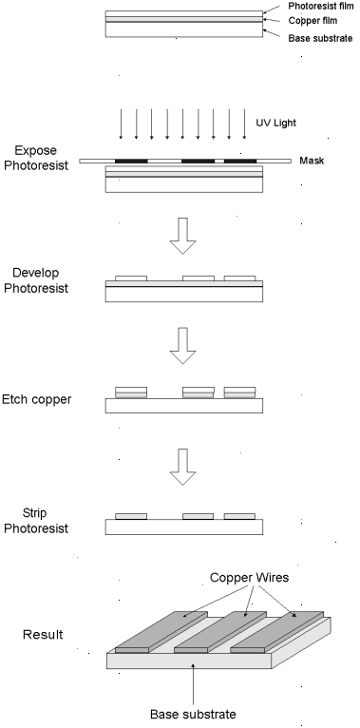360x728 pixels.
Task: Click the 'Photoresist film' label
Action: coord(320,7)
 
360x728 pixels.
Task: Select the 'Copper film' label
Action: coord(313,21)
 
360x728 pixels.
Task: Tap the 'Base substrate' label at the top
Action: coord(320,38)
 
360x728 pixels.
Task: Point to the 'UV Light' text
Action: coord(276,123)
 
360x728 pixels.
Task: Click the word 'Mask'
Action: coord(312,162)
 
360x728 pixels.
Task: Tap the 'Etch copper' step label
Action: coord(37,399)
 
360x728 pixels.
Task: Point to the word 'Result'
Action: coord(43,635)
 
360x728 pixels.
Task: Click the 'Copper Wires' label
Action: coord(249,578)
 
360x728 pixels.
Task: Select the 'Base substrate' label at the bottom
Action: coord(193,714)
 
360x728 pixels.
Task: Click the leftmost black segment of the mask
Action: coord(131,162)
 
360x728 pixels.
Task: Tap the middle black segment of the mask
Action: coord(199,162)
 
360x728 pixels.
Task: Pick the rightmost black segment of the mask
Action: coord(240,162)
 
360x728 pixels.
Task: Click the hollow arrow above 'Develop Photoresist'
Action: coord(182,236)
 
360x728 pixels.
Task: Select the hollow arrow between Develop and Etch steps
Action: coord(182,346)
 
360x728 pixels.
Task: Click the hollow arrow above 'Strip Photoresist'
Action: coord(182,467)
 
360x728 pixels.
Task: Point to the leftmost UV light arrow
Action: coord(121,124)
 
